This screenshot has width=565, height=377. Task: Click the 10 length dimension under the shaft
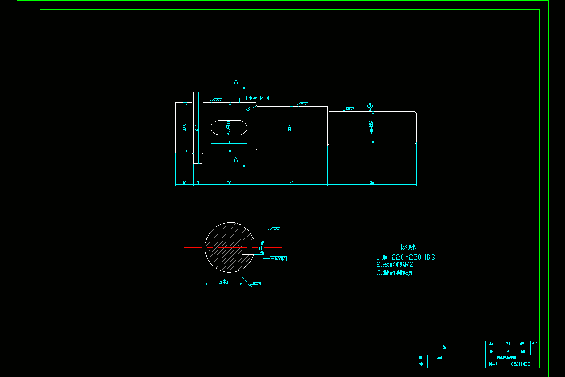pos(184,182)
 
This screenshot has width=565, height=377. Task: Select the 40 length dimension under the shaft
pos(291,182)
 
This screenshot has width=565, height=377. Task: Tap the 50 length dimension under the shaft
pos(372,182)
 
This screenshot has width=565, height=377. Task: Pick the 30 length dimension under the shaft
pos(229,182)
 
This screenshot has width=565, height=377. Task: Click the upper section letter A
pos(236,82)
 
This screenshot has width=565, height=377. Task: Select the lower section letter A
pos(236,160)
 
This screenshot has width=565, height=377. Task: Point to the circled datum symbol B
pos(370,106)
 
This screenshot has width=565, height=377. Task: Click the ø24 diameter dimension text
pos(289,128)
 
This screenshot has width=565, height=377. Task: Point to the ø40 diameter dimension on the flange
pos(197,128)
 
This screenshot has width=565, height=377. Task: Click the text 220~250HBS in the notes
pos(413,257)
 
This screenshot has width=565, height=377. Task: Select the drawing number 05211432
pos(520,364)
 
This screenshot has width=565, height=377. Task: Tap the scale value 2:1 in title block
pos(508,344)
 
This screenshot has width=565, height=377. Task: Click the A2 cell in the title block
pos(534,344)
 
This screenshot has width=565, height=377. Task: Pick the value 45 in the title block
pos(509,352)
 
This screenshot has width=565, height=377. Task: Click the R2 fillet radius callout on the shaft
pos(249,109)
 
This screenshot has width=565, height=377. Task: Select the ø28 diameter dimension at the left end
pos(185,128)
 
